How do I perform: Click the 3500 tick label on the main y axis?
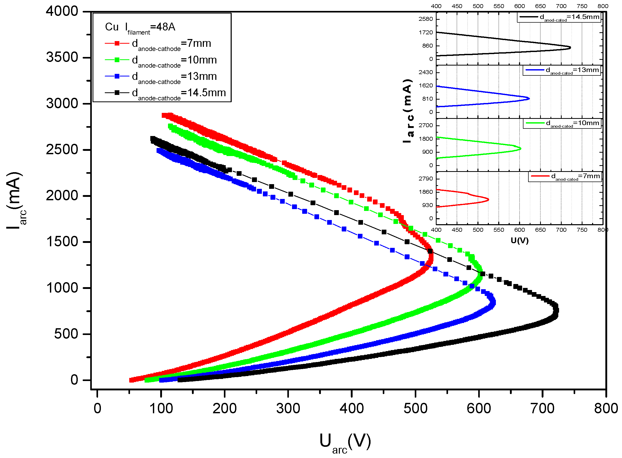(x=62, y=57)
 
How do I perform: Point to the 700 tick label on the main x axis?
(x=542, y=409)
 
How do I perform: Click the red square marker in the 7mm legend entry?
(x=117, y=43)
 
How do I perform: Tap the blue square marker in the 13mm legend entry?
(x=117, y=76)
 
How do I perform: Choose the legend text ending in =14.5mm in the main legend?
(x=179, y=93)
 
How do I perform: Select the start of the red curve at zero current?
(x=131, y=380)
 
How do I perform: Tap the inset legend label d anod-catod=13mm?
(x=572, y=70)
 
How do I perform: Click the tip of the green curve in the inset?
(x=521, y=149)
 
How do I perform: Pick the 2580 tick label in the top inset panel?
(x=425, y=19)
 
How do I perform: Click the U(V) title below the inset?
(x=519, y=240)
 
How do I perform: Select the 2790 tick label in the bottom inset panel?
(x=425, y=178)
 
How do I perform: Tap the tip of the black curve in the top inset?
(x=570, y=47)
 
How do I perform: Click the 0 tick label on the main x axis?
(x=97, y=409)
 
